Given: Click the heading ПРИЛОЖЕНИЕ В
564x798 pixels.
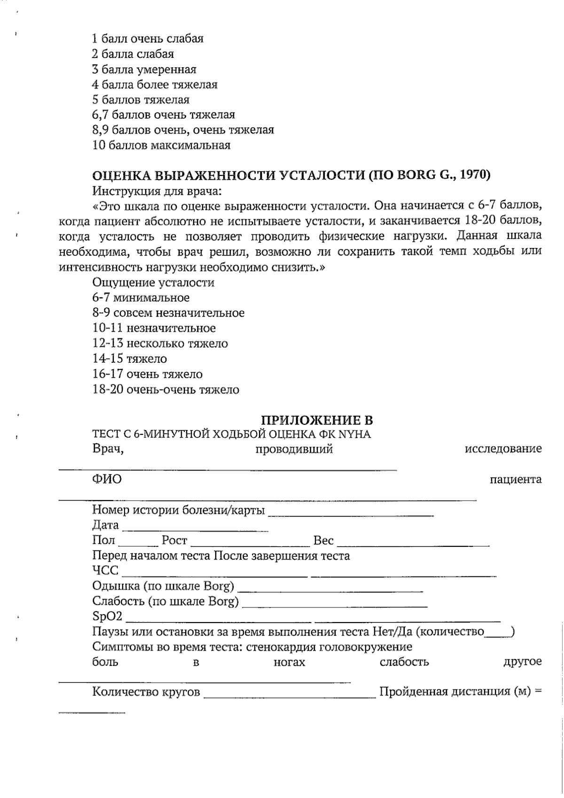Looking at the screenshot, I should click(317, 420).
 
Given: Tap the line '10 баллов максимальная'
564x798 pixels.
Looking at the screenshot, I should click(162, 145).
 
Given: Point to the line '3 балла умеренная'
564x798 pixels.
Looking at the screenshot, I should click(144, 70).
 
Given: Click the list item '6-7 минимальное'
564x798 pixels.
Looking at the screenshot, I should click(141, 298).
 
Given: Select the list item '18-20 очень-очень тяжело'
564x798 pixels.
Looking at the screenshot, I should click(166, 390).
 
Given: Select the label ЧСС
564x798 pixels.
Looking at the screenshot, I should click(105, 571).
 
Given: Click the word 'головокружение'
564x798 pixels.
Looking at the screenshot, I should click(367, 647).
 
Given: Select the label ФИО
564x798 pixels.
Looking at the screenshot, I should click(107, 479).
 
